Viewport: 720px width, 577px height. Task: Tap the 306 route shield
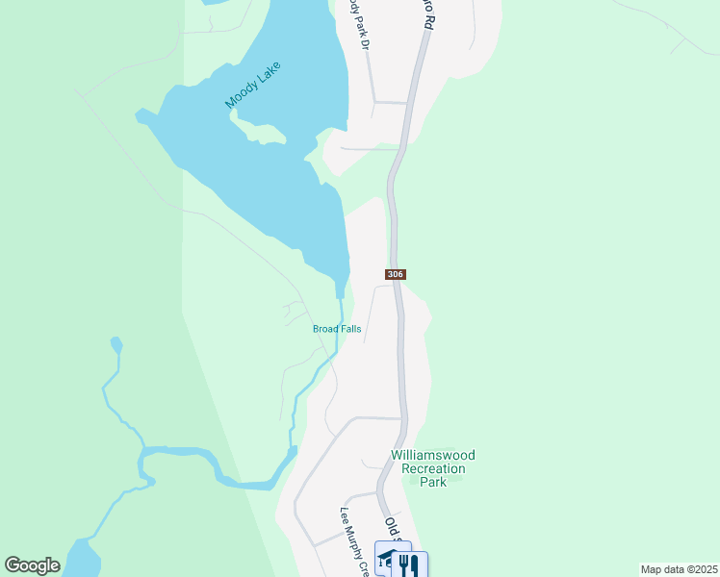click(x=396, y=274)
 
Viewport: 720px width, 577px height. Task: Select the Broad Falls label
click(x=337, y=329)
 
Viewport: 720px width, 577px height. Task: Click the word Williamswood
click(x=432, y=455)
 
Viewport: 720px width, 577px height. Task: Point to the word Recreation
click(x=432, y=468)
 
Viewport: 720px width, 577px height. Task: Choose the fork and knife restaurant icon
click(x=409, y=564)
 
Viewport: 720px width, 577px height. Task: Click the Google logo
click(x=32, y=565)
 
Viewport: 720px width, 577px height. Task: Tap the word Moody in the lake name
click(x=238, y=94)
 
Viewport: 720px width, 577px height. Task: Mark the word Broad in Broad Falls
click(x=324, y=329)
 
